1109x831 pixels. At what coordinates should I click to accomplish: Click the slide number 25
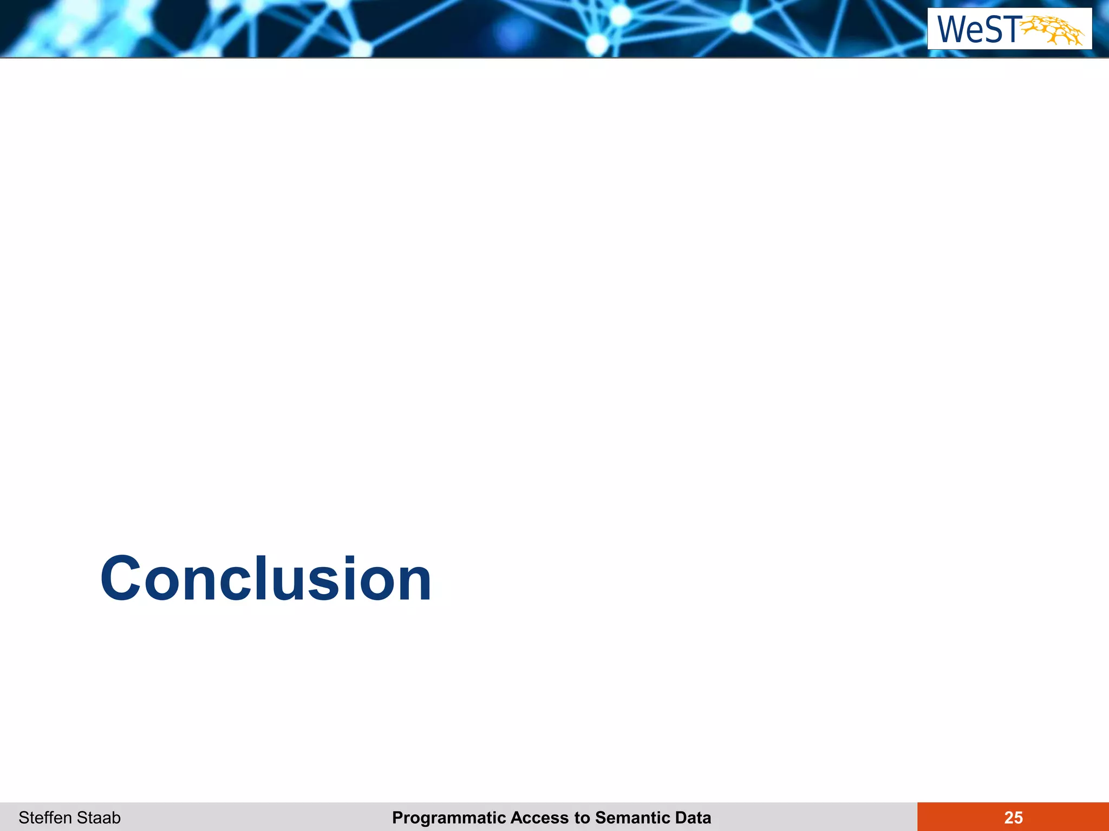[1013, 817]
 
